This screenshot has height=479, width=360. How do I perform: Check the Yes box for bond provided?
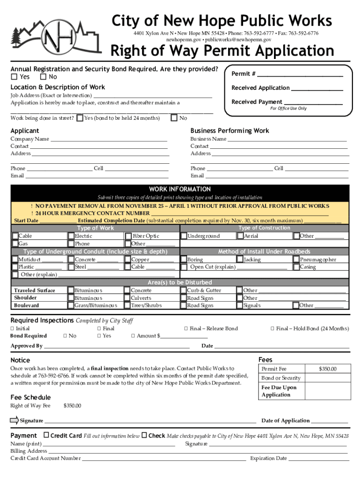[x=14, y=77]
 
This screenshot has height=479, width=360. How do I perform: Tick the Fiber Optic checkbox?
[x=128, y=236]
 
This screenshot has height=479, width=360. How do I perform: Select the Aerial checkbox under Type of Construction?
[x=240, y=236]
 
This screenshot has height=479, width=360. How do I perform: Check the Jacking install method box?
[x=240, y=260]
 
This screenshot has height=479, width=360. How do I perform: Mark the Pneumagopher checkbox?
[x=296, y=260]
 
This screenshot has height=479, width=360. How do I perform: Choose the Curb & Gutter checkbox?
[x=183, y=290]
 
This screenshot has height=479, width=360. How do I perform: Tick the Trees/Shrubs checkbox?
[x=127, y=305]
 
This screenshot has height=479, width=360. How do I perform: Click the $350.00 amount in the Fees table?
[x=327, y=369]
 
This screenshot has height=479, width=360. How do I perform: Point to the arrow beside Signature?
[x=14, y=420]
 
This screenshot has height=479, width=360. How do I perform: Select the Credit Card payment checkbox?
[x=46, y=435]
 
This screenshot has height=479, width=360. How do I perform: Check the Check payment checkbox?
[x=144, y=435]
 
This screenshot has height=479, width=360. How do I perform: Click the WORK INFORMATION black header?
[x=180, y=189]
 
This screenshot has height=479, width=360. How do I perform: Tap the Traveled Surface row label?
[x=34, y=290]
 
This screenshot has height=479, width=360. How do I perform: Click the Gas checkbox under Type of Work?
[x=15, y=244]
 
